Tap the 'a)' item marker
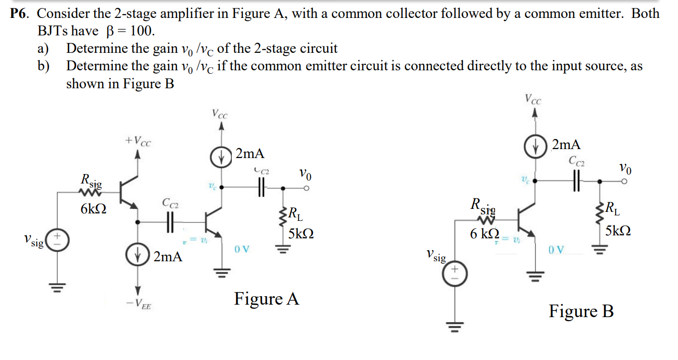click(44, 49)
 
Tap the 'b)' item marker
click(44, 66)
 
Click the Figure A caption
click(267, 299)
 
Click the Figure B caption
click(581, 312)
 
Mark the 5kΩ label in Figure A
click(301, 234)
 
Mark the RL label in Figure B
click(613, 207)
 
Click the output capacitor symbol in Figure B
click(577, 181)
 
